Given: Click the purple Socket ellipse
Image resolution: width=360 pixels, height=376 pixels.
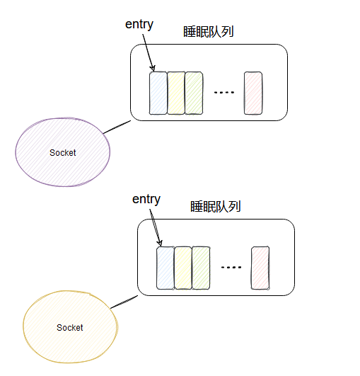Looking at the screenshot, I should tap(63, 152).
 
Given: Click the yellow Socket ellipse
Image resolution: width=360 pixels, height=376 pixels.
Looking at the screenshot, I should tap(70, 327).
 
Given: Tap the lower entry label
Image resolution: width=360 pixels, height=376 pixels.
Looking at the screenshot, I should tap(146, 199).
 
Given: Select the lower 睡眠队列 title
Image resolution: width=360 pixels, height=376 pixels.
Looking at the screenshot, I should tap(216, 207).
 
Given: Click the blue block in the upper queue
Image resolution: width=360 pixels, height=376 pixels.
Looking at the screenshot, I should tap(158, 93).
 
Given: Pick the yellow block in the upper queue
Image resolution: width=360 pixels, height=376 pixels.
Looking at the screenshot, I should tap(176, 93).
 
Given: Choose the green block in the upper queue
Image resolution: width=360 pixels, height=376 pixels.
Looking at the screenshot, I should tap(194, 93).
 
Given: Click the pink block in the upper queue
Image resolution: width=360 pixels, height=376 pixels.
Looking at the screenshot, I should tap(252, 93).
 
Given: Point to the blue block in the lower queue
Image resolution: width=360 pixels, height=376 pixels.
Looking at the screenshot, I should tap(165, 268).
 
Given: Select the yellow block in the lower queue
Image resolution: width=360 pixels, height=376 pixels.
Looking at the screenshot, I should tap(183, 268).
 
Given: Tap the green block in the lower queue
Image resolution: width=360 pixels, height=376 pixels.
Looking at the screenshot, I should tap(201, 268).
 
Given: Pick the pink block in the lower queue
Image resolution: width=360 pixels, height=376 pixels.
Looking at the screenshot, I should tap(260, 268).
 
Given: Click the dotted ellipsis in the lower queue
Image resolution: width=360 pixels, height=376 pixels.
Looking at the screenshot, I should tap(231, 268).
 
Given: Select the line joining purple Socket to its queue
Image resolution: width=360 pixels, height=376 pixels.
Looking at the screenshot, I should tap(117, 127).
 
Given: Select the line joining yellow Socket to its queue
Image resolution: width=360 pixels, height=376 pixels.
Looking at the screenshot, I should tap(124, 302).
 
